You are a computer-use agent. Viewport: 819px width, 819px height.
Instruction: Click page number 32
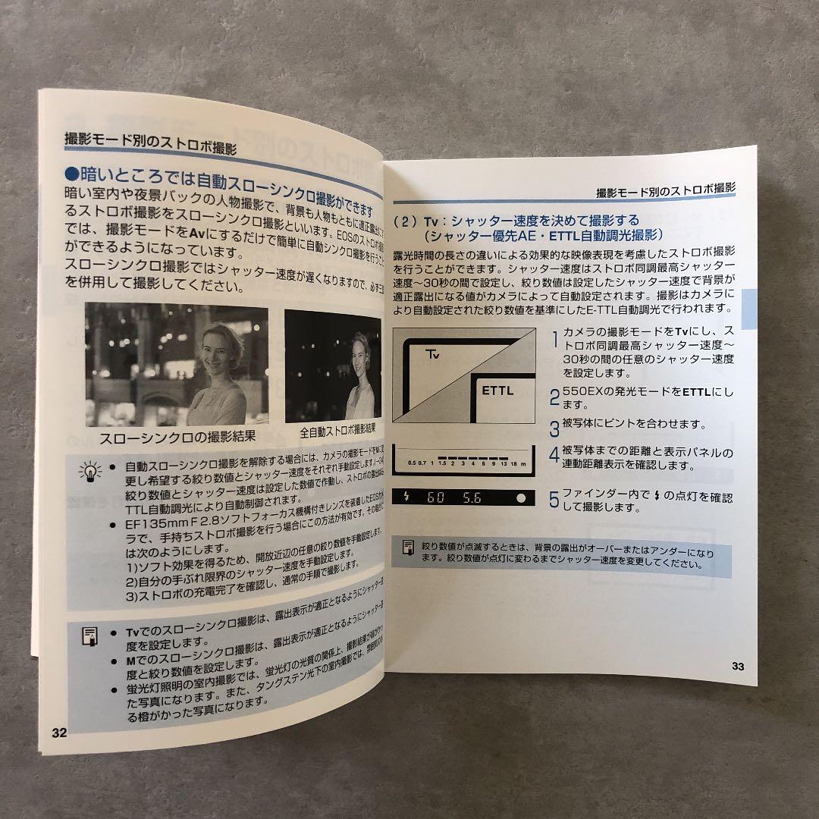[60, 733]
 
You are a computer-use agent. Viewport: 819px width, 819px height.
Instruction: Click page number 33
[738, 667]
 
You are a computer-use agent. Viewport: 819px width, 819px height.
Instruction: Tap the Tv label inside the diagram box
[433, 354]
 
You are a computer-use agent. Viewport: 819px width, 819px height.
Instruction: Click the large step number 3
[554, 426]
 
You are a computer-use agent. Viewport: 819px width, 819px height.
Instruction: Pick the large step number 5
[554, 500]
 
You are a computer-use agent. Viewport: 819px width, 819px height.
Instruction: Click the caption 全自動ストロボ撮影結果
[337, 430]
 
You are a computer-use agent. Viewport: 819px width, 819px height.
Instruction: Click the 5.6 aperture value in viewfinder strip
[472, 498]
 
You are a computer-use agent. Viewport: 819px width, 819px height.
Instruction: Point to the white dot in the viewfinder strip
[521, 498]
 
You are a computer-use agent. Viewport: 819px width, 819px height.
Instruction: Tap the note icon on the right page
[408, 548]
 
